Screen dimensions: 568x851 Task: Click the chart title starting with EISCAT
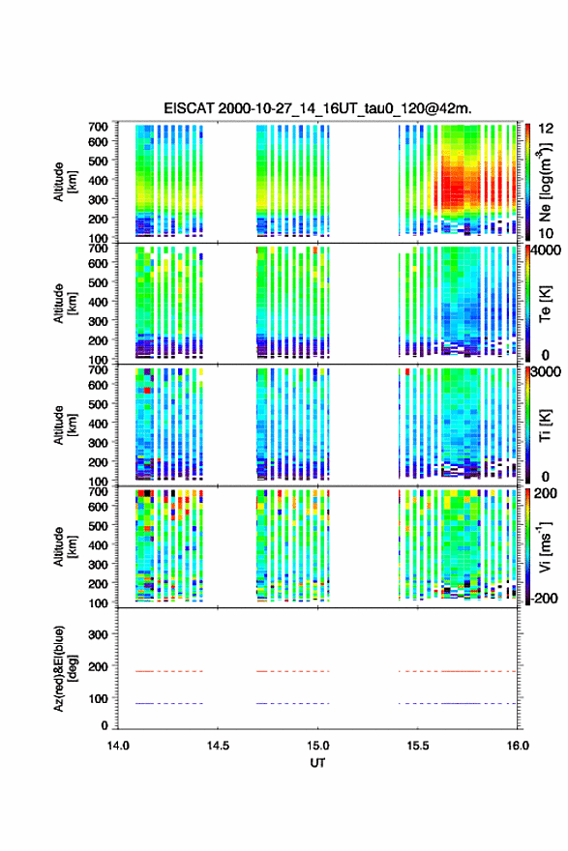[x=317, y=108]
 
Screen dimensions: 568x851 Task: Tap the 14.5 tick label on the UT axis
[x=218, y=746]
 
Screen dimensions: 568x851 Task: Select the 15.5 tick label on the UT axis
[x=418, y=746]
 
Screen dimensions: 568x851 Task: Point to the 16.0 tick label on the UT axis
[x=518, y=746]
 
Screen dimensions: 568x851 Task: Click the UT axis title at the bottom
[x=317, y=763]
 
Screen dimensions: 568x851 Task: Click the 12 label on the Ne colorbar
[x=546, y=129]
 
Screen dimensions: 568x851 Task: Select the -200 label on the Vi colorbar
[x=543, y=598]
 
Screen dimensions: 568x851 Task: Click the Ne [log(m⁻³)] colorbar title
[x=545, y=182]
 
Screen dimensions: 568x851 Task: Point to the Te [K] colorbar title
[x=545, y=304]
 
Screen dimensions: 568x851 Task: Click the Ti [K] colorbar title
[x=545, y=425]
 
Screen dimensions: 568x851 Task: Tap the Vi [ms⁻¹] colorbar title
[x=545, y=547]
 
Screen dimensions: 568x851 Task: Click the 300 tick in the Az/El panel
[x=98, y=634]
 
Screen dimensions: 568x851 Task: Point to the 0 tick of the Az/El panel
[x=105, y=725]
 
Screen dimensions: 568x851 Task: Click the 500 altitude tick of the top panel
[x=98, y=161]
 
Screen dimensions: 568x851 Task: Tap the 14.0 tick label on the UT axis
[x=118, y=746]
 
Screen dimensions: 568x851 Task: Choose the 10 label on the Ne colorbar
[x=546, y=233]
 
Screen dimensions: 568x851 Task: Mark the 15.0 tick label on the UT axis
[x=317, y=746]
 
